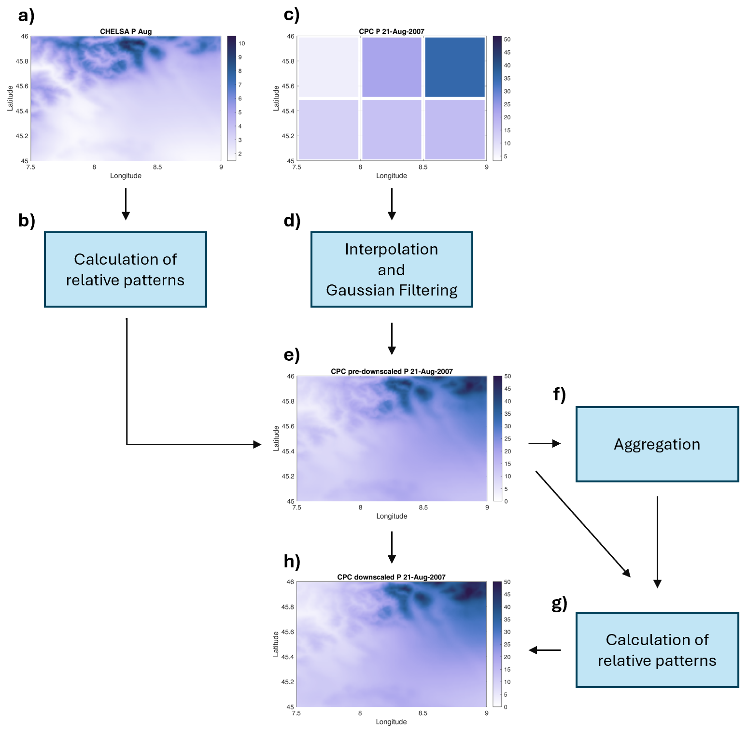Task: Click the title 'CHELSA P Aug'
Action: tap(126, 31)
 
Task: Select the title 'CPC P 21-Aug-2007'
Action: tap(391, 31)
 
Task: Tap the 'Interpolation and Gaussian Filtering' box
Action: tap(391, 269)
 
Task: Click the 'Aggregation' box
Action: tap(657, 444)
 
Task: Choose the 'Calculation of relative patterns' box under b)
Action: tap(126, 269)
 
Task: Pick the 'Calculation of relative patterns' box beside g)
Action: tap(657, 650)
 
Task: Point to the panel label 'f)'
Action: tap(559, 395)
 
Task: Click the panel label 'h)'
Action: tap(292, 561)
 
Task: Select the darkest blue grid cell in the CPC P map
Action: tap(454, 67)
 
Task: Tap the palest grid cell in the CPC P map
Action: tap(329, 67)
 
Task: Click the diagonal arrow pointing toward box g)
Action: tap(583, 524)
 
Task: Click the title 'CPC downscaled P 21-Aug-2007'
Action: tap(391, 577)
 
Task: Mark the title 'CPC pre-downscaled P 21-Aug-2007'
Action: tap(392, 371)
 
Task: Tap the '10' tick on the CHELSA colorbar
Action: tap(241, 43)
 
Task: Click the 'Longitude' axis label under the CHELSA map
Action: tap(126, 176)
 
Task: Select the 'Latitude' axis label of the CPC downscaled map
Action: tap(276, 644)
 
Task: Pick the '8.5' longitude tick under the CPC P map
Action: tap(423, 167)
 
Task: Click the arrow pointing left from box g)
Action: tap(545, 650)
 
